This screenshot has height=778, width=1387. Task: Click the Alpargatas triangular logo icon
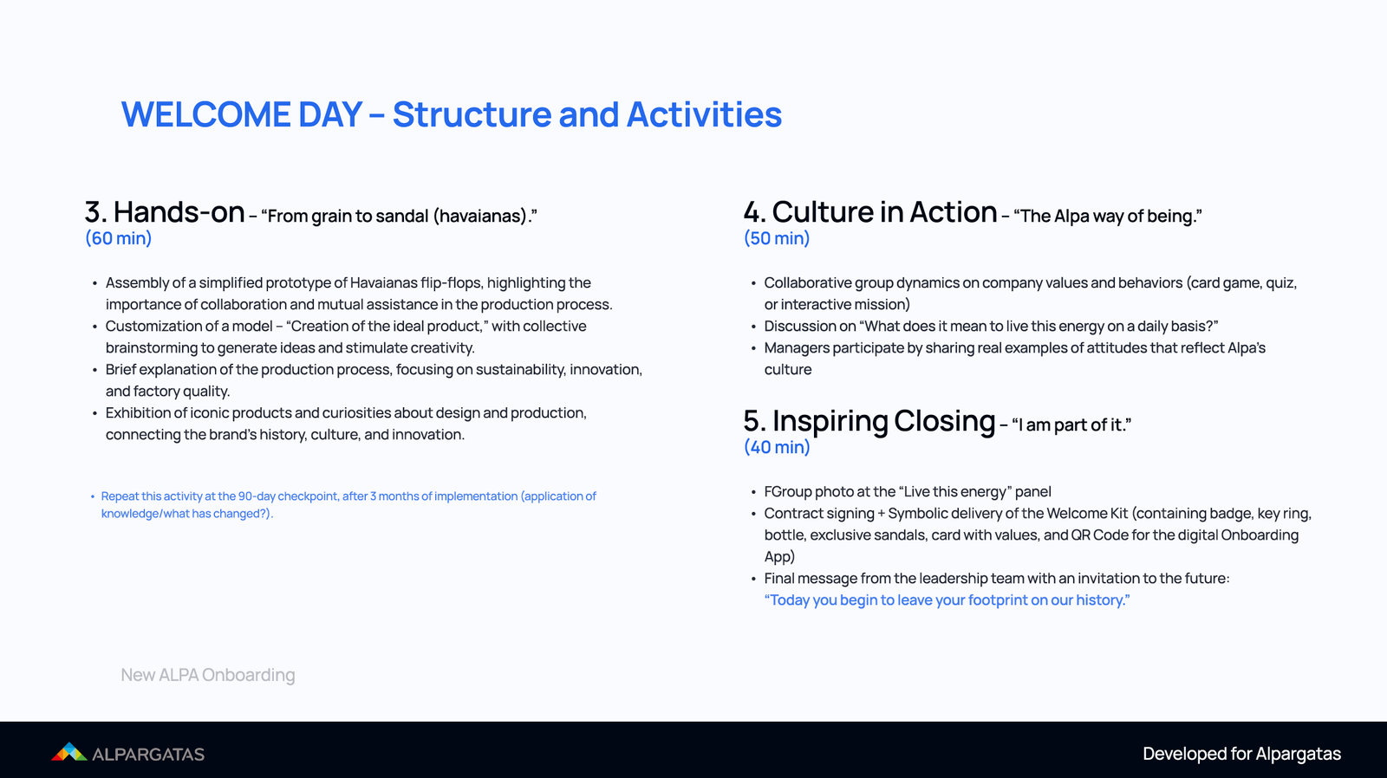[x=69, y=752]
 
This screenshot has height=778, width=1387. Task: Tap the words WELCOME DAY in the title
[x=241, y=114]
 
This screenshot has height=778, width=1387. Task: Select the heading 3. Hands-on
[x=165, y=212]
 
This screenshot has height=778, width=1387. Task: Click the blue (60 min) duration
[x=118, y=238]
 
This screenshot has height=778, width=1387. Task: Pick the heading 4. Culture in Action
[x=870, y=212]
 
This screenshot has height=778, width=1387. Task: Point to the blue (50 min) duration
[x=777, y=238]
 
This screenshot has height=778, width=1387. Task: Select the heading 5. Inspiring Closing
[x=869, y=421]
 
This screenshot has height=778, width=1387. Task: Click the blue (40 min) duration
[x=777, y=447]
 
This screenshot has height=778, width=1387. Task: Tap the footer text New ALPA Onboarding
[x=208, y=675]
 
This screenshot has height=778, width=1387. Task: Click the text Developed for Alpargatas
[x=1241, y=754]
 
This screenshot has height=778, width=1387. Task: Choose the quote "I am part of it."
[x=1071, y=425]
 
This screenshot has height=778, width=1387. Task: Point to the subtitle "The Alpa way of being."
[x=1107, y=216]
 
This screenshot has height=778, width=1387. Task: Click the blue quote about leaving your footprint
[x=947, y=600]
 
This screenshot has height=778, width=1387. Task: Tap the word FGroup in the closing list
[x=788, y=492]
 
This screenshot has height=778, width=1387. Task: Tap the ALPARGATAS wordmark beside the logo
[x=148, y=755]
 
